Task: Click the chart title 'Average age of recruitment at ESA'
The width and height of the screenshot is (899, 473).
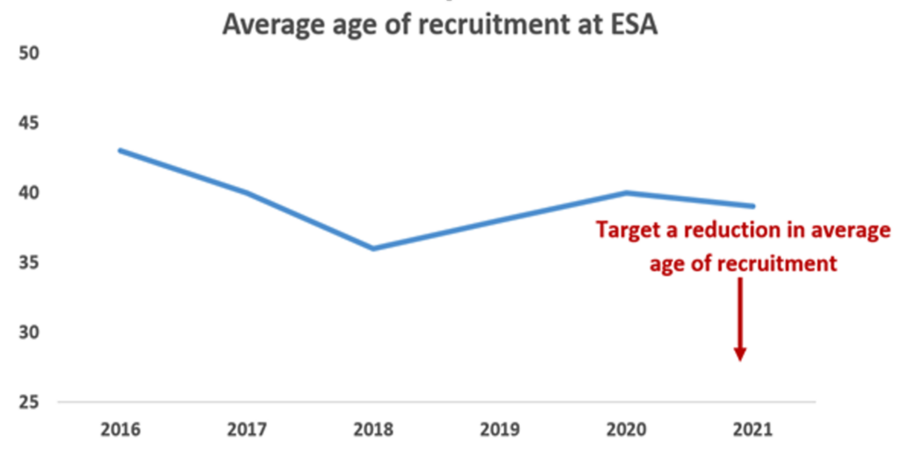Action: (x=440, y=24)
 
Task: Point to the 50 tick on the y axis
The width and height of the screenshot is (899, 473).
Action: (x=30, y=54)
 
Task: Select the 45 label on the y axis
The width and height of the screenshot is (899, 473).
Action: (x=30, y=123)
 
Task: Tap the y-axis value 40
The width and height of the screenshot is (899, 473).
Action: (x=30, y=193)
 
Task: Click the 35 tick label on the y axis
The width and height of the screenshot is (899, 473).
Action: (x=30, y=262)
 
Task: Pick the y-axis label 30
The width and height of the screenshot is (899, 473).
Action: (x=30, y=333)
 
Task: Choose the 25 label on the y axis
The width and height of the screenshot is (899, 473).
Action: (x=30, y=402)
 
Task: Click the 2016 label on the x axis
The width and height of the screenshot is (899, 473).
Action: (x=119, y=430)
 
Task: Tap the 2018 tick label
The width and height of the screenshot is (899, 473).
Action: (x=372, y=430)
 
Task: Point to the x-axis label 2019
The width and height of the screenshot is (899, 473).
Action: (x=500, y=430)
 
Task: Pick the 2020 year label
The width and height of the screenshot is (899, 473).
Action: (x=626, y=430)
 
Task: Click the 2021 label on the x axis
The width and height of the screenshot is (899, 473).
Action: (x=752, y=430)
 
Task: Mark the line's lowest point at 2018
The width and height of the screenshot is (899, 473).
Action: (x=373, y=248)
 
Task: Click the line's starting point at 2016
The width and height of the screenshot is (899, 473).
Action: (x=120, y=150)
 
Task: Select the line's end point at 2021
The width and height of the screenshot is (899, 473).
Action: (x=752, y=206)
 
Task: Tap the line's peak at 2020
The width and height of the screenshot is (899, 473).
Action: (x=626, y=192)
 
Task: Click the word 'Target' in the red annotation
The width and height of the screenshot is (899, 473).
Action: (x=629, y=231)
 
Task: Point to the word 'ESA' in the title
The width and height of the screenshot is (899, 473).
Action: (x=629, y=24)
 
